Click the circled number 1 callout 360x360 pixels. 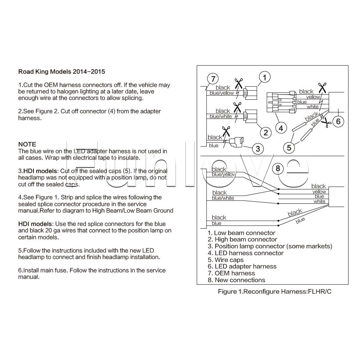(x=264, y=77)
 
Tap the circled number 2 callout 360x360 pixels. (x=266, y=132)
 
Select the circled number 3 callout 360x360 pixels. (x=257, y=148)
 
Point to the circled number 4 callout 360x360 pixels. (x=281, y=127)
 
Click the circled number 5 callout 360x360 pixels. (x=289, y=147)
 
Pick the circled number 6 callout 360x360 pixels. (x=338, y=121)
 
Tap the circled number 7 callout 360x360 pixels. (x=213, y=79)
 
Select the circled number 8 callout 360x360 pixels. (x=277, y=168)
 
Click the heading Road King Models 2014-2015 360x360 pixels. (x=62, y=72)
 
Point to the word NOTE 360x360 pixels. (x=27, y=144)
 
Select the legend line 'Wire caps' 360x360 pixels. (x=226, y=260)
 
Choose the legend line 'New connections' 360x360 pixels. (x=236, y=280)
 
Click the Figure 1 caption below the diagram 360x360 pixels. (x=275, y=292)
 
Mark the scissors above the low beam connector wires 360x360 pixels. (x=238, y=83)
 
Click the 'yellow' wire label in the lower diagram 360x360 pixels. (x=319, y=192)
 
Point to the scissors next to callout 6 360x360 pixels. (x=327, y=122)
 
